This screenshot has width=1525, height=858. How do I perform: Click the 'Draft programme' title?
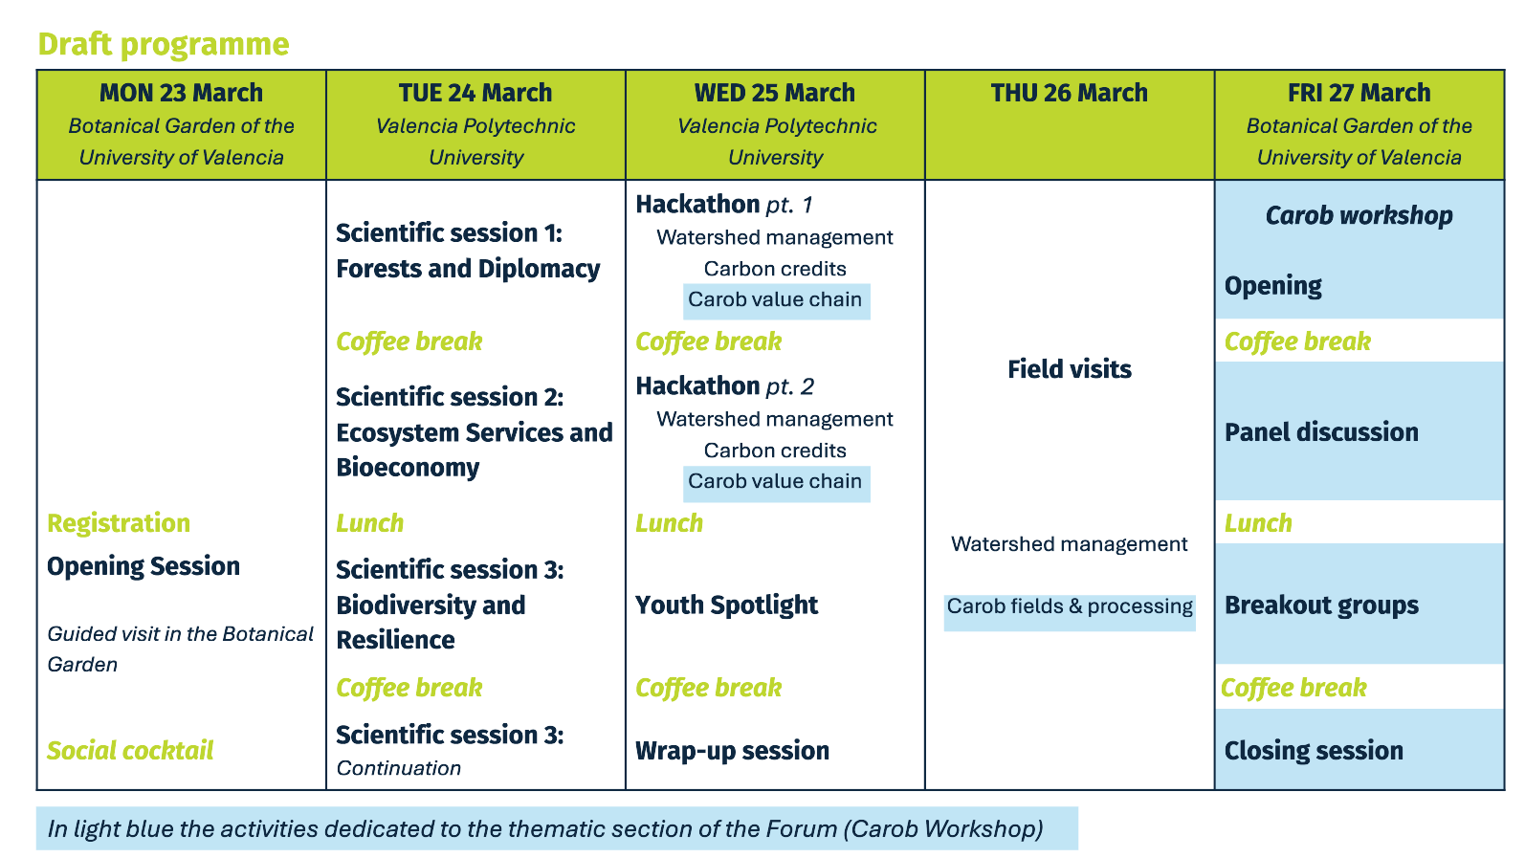coord(164,44)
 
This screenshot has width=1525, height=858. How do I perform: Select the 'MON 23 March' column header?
coord(181,93)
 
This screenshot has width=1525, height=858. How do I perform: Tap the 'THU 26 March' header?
coord(1069,93)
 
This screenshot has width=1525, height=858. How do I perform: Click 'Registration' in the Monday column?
coord(119,523)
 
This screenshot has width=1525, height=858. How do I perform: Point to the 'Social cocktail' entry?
coord(130,751)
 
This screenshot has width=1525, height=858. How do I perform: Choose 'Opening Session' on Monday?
coord(144,566)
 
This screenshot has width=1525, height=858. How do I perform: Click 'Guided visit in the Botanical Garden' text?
coord(181,649)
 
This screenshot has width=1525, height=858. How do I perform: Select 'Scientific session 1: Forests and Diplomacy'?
coord(469,251)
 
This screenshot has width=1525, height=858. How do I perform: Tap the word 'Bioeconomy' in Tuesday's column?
coord(408,468)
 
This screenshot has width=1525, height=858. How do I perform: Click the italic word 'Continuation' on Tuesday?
coord(399,768)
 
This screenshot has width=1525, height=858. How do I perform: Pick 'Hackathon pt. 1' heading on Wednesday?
coord(724,204)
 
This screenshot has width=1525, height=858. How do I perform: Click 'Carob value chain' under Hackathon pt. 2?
coord(776,482)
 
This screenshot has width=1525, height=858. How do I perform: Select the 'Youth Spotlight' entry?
coord(726,605)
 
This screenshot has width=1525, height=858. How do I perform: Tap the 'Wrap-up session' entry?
coord(733,751)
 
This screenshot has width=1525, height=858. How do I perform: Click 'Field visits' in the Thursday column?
coord(1070,369)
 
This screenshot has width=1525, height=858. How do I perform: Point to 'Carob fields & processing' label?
coord(1070,606)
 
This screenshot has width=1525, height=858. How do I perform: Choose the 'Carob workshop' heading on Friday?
coord(1359,215)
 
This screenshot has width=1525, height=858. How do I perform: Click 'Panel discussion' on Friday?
coord(1321,432)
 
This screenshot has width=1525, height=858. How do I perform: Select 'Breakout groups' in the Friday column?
coord(1321,605)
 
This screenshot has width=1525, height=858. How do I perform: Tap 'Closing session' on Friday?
coord(1314,751)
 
